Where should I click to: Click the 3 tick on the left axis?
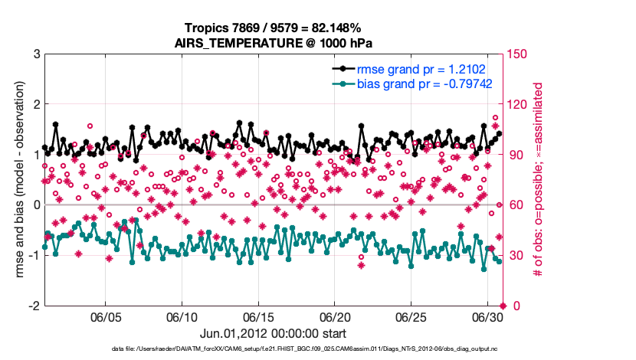click(x=36, y=54)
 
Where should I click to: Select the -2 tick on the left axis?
click(x=34, y=306)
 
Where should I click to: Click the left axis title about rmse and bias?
click(x=16, y=179)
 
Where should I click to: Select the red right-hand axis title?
click(x=539, y=179)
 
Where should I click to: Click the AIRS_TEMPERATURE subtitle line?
click(x=274, y=42)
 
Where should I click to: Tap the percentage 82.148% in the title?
click(x=336, y=28)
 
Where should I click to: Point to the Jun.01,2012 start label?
click(x=273, y=333)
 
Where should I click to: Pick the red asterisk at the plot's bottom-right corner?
click(x=503, y=306)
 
